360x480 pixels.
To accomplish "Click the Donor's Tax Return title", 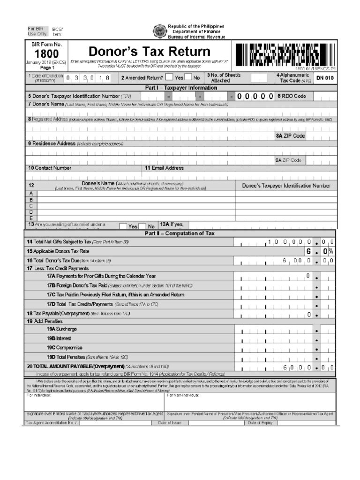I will coord(150,51).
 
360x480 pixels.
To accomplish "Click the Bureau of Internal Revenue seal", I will coord(159,31).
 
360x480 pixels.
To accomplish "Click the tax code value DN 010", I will coord(325,78).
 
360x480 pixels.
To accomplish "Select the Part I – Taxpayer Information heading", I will coord(180,88).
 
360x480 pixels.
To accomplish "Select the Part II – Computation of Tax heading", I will coord(180,233).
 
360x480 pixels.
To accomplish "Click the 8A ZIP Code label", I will coord(290,136).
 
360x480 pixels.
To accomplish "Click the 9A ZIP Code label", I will coord(288,160).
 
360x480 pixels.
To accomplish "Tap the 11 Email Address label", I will coord(164,168).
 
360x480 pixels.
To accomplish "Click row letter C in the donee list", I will coord(31,205).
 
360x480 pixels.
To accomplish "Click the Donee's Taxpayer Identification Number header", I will coord(286,186).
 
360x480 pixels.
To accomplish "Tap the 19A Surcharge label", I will coord(61,329).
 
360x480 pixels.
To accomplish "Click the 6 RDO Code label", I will coord(291,96).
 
